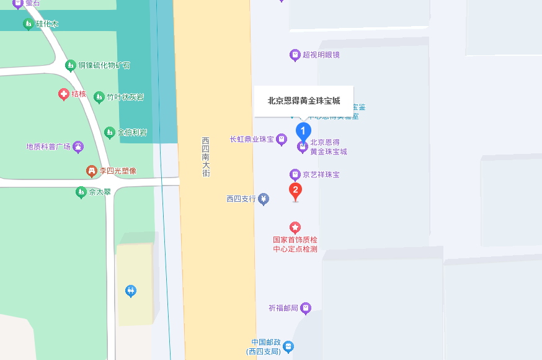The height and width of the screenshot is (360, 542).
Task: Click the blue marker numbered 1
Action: [x=303, y=131]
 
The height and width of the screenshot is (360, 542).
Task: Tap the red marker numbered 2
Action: [x=296, y=191]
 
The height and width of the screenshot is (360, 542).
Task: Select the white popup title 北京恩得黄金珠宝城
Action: [x=304, y=101]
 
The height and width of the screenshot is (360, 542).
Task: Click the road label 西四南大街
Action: [x=206, y=157]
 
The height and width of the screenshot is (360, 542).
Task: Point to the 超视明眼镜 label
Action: [x=321, y=55]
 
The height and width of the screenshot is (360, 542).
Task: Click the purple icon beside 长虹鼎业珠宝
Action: [x=282, y=139]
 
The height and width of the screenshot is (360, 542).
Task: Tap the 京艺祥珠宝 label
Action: [x=321, y=175]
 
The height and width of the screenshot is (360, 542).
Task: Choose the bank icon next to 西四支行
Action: [x=264, y=199]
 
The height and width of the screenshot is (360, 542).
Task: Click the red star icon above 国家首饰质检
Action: [x=295, y=228]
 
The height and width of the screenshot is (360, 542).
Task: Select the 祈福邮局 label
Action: [x=283, y=308]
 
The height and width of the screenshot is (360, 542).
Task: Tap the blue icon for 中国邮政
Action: [x=288, y=346]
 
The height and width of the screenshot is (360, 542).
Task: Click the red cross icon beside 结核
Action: [x=63, y=94]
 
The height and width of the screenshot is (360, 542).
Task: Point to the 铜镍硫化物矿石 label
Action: [x=104, y=65]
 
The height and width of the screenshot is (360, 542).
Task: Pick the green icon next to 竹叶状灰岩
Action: [x=99, y=97]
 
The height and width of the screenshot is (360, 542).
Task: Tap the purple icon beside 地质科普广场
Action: [x=78, y=147]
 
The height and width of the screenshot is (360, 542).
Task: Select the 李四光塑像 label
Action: [x=117, y=170]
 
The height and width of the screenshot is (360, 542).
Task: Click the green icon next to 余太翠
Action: [x=81, y=192]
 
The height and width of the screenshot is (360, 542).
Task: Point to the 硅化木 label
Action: [x=47, y=24]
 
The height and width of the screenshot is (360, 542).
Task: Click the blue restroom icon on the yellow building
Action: [x=131, y=290]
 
